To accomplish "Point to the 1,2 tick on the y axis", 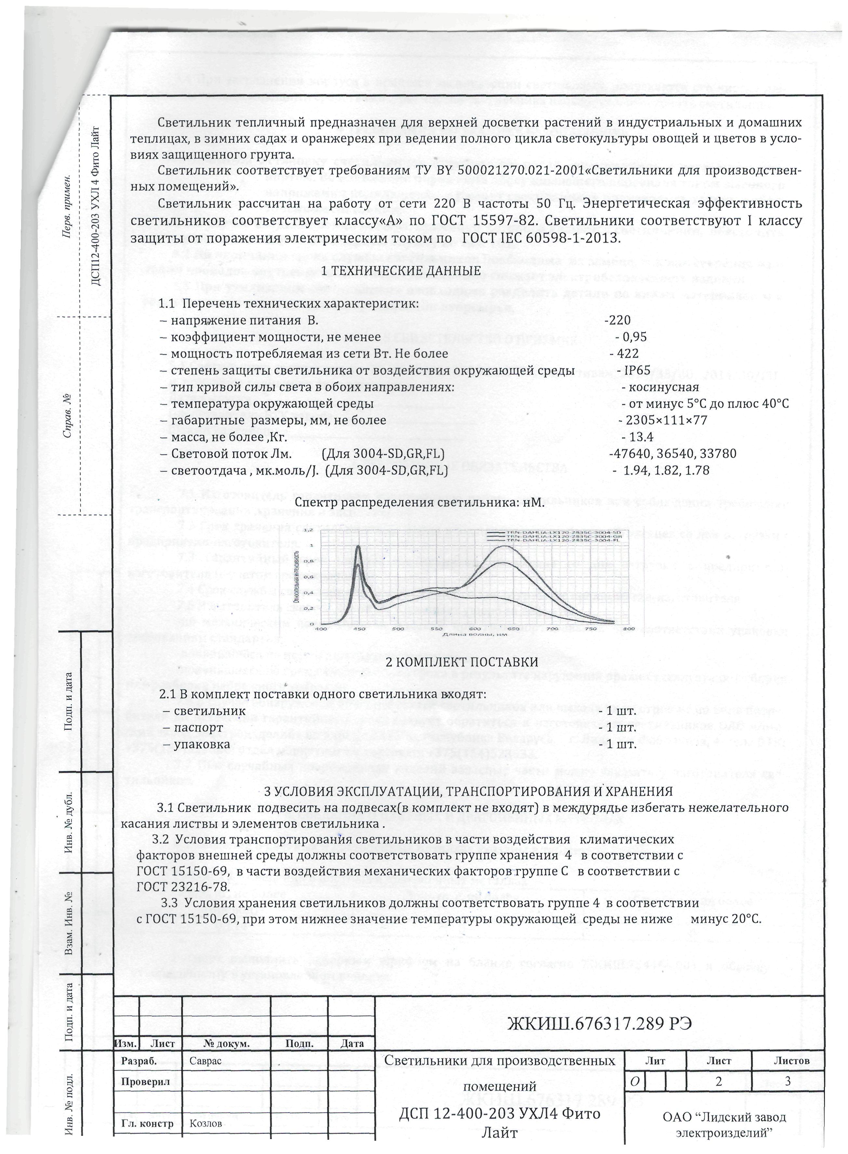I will coord(308,529).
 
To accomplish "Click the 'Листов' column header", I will coord(791,1061).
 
